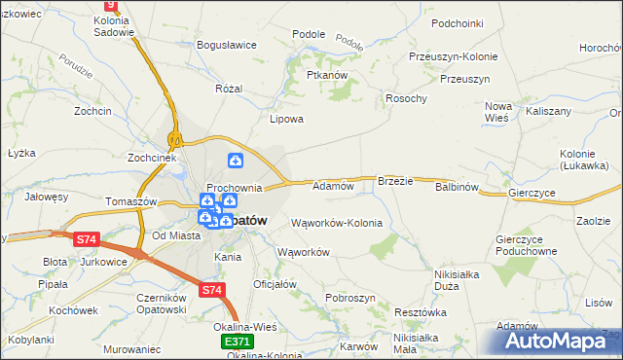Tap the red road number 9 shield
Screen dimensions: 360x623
point(110,5)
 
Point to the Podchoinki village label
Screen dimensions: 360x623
point(458,22)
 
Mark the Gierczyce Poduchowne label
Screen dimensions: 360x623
point(525,245)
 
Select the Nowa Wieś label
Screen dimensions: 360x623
point(497,111)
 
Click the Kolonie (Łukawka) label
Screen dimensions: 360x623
point(584,160)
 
